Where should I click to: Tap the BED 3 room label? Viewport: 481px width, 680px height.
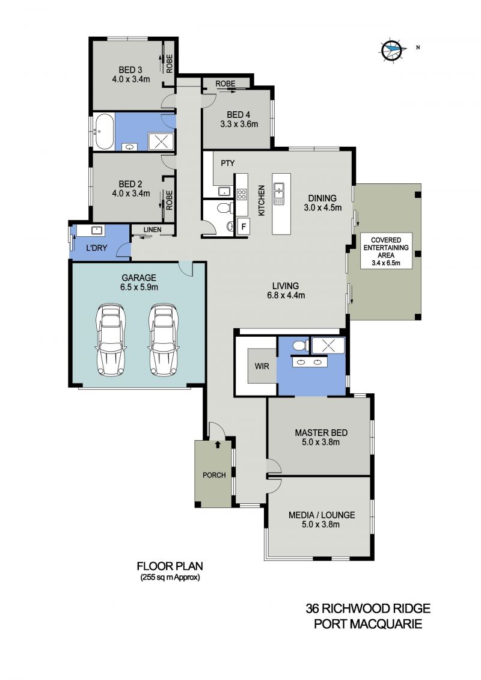pos(130,70)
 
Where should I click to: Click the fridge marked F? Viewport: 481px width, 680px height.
pos(244,227)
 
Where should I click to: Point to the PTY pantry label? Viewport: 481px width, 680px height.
pos(228,163)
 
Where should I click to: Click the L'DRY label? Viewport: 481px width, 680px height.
pos(96,248)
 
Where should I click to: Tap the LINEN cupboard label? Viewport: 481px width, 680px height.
pos(152,230)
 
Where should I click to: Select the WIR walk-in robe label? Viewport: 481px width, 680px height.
pos(262,366)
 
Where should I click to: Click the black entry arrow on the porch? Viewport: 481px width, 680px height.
pos(218,444)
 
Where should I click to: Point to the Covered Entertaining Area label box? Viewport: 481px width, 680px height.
pos(385,251)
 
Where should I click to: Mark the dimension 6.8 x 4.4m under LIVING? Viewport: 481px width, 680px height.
pos(286,296)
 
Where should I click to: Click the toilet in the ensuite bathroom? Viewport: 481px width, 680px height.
pos(300,346)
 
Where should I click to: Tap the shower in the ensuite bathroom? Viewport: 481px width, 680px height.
pos(328,346)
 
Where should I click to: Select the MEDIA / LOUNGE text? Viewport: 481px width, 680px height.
pos(322,515)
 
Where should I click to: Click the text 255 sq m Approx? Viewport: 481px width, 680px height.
pos(170,578)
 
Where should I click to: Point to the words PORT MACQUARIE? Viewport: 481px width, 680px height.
pos(368,624)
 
